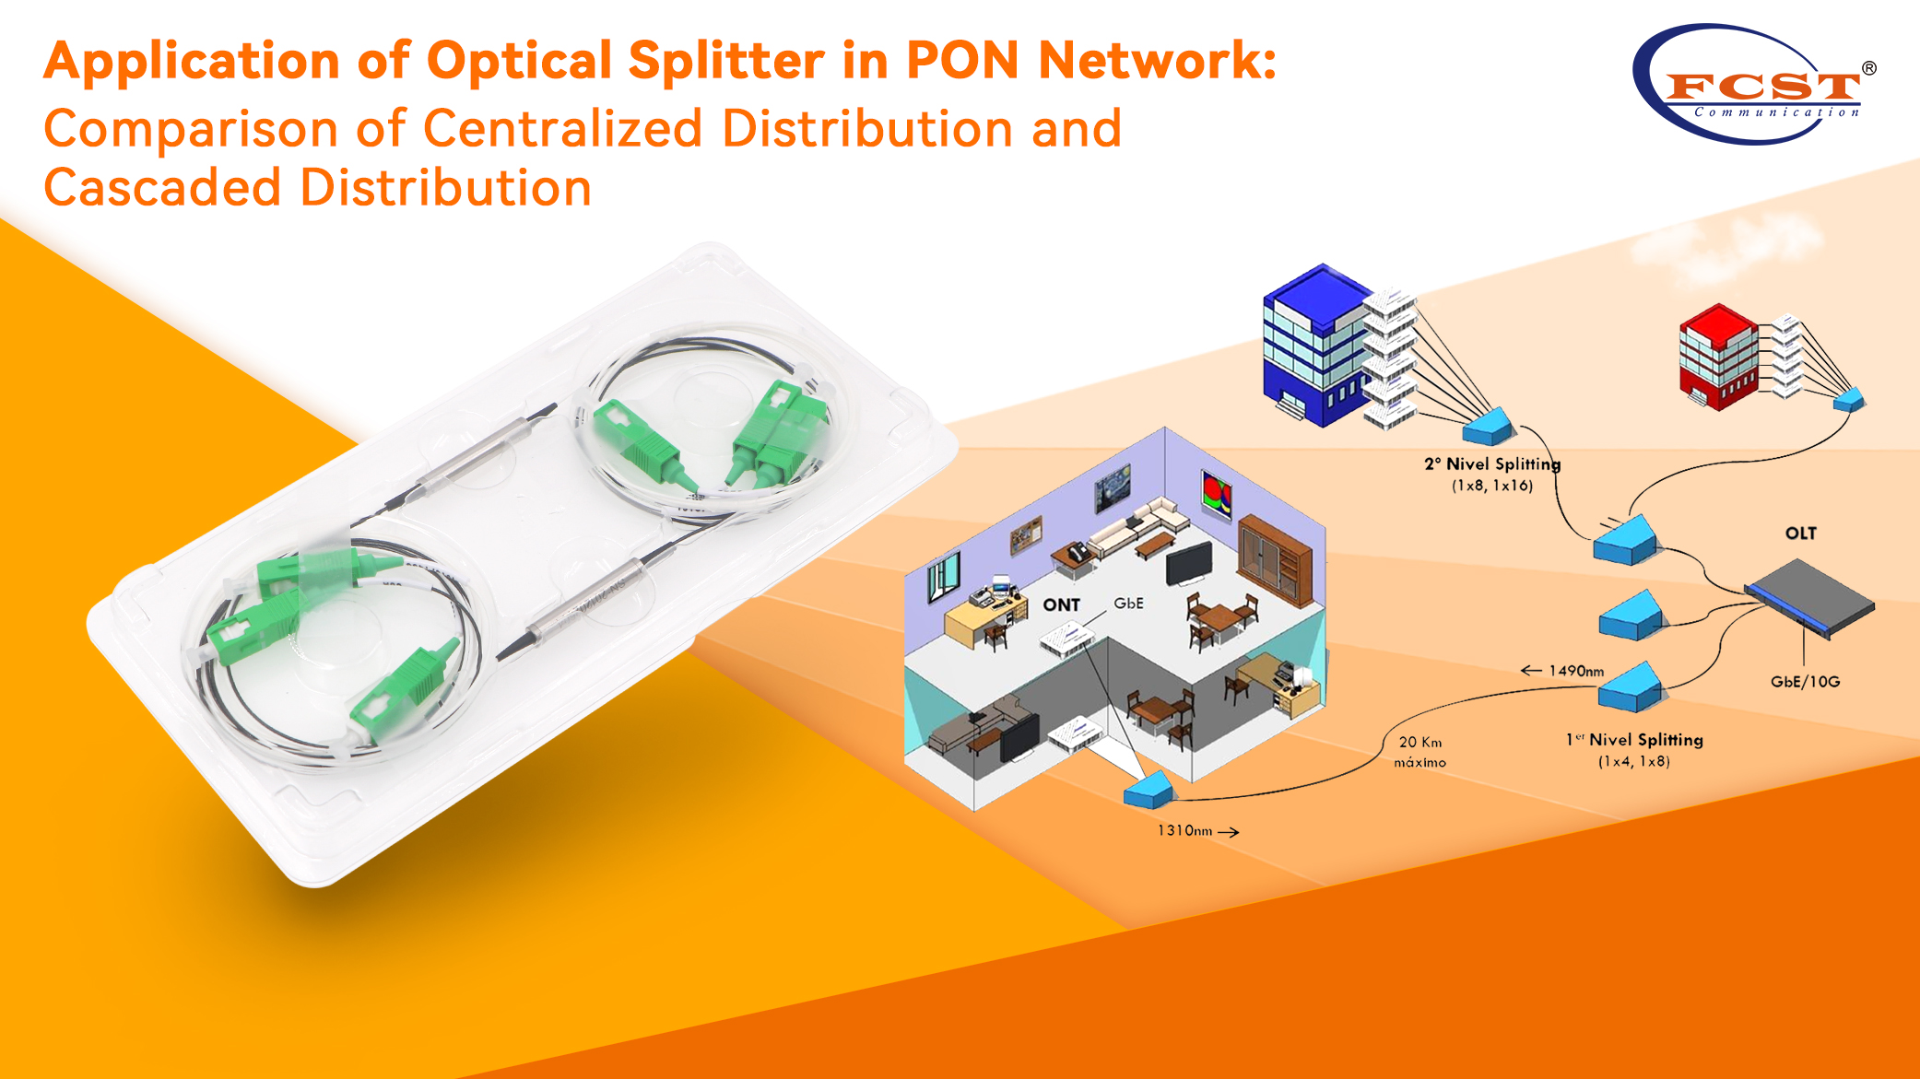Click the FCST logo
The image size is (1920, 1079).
click(x=1755, y=85)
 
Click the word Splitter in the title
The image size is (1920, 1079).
click(x=725, y=61)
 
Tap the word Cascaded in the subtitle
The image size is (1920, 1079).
click(x=162, y=188)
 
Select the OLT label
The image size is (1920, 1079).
click(x=1800, y=534)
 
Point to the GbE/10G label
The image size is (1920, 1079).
click(x=1805, y=682)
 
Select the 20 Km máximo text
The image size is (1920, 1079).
click(x=1419, y=752)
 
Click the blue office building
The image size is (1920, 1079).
click(x=1313, y=346)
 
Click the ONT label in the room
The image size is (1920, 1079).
click(x=1061, y=605)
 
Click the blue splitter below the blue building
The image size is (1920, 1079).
click(x=1488, y=428)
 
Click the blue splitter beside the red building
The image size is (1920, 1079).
click(x=1848, y=400)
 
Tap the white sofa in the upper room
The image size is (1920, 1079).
click(x=1138, y=525)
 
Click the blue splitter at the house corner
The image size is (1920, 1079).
click(x=1148, y=792)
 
